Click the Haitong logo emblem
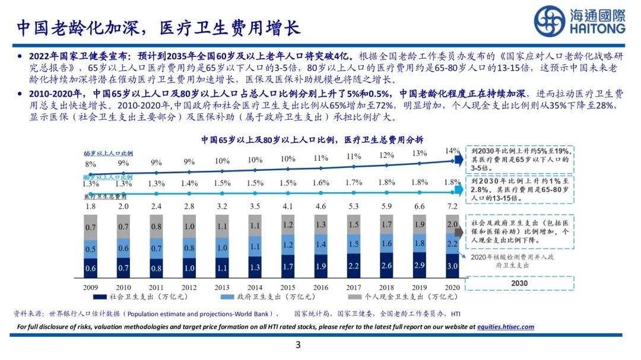[549, 21]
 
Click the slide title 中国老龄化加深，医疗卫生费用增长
[158, 27]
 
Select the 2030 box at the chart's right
[519, 283]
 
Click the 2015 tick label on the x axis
[287, 286]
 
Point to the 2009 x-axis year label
[90, 286]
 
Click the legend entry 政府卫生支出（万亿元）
[259, 296]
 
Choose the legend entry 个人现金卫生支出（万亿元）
[404, 296]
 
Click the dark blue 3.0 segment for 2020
[452, 266]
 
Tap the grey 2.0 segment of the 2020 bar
[452, 224]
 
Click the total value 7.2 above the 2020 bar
[452, 206]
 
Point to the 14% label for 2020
[452, 151]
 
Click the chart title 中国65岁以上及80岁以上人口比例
[312, 140]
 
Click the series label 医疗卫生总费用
[105, 196]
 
